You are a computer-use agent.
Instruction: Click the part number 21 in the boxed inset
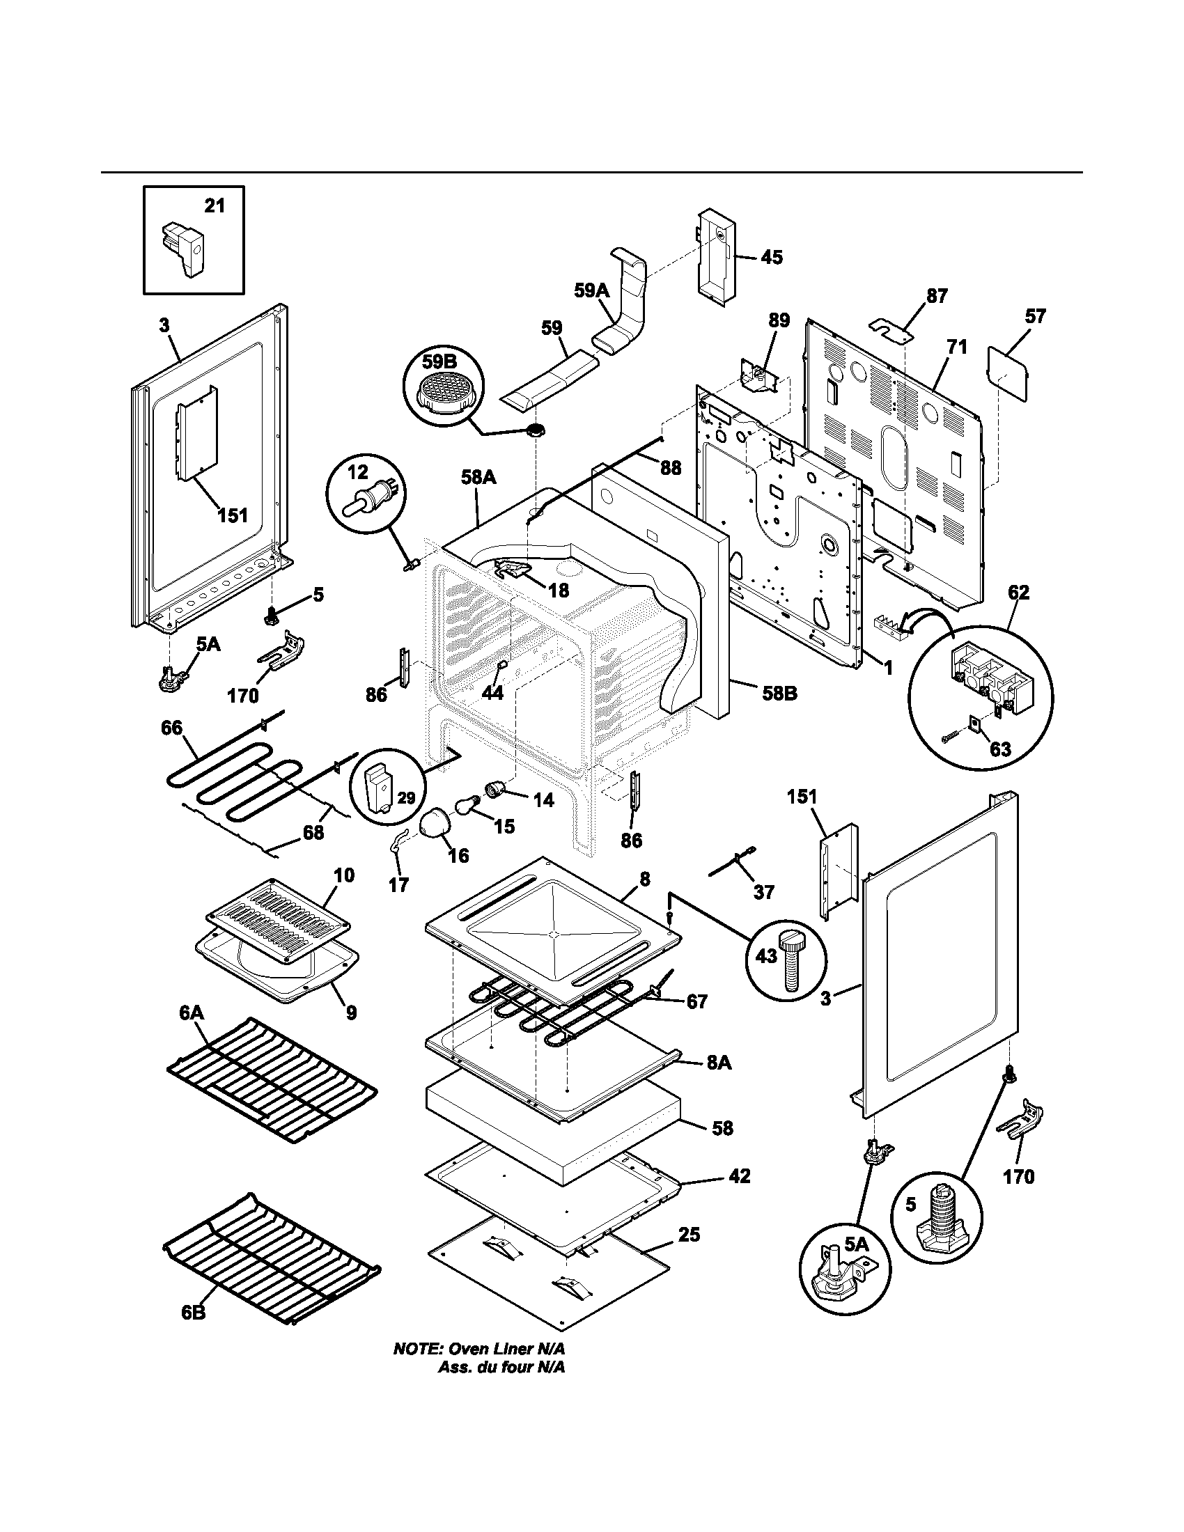(x=215, y=205)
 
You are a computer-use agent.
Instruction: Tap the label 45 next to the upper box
(x=772, y=257)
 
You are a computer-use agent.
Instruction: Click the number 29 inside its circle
(x=406, y=797)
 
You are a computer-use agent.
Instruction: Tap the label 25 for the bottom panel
(x=689, y=1234)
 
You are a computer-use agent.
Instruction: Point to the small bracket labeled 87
(x=889, y=327)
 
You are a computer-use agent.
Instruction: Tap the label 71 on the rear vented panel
(x=958, y=347)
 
